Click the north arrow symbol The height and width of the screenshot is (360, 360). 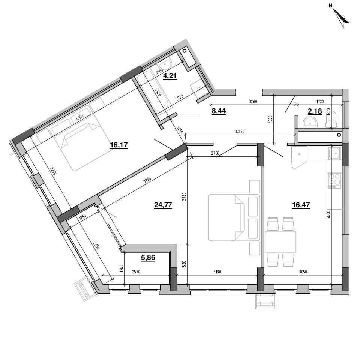tap(341, 18)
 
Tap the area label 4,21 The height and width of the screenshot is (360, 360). tap(170, 75)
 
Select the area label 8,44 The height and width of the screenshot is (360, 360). tap(219, 111)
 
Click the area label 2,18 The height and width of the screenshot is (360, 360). tap(315, 111)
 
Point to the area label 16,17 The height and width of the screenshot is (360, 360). tap(119, 145)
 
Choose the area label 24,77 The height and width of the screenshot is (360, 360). tap(163, 205)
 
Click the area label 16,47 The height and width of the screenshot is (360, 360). tap(301, 205)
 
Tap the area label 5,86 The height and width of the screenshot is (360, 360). tap(148, 258)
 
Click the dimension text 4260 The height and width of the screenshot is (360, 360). tap(240, 132)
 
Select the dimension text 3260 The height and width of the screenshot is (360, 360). tap(253, 102)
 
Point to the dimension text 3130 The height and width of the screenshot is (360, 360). tap(217, 272)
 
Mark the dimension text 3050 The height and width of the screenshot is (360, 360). tap(303, 272)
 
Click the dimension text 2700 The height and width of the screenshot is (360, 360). tap(215, 153)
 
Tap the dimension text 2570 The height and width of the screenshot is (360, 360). tap(136, 272)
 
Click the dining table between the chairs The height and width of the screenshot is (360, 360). tap(280, 242)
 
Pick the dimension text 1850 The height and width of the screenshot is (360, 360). tap(270, 119)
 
